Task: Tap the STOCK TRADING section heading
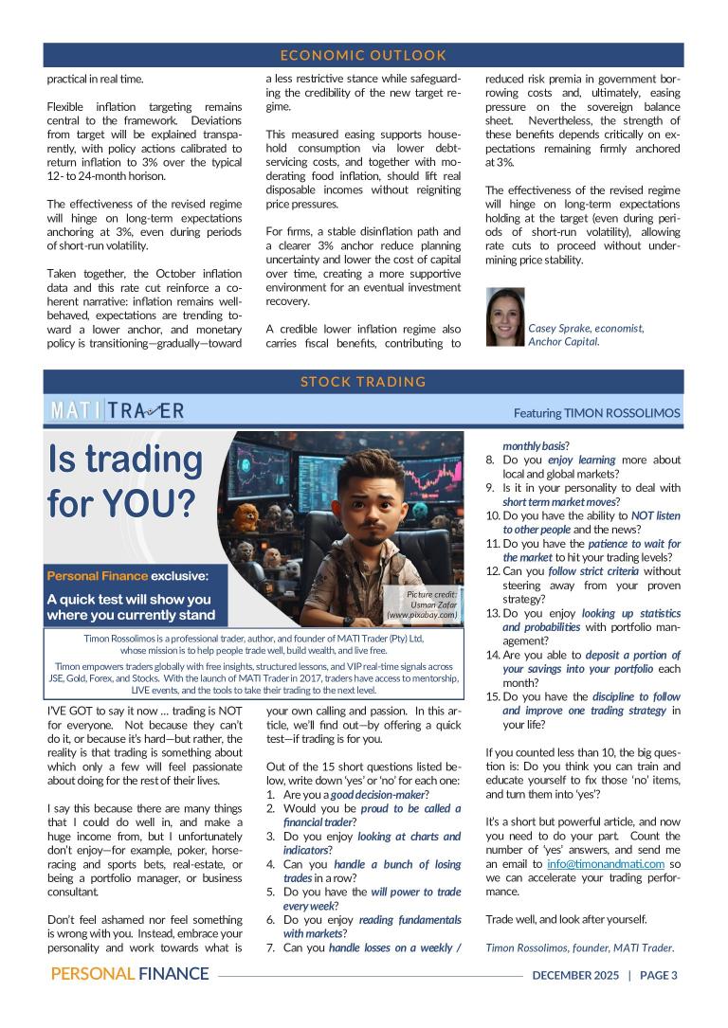[363, 382]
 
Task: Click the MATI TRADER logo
[118, 410]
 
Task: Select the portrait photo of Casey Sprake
[504, 316]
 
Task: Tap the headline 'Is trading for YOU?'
[125, 480]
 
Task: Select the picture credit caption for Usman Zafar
[431, 604]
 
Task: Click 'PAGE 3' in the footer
[658, 975]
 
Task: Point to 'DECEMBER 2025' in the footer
[575, 975]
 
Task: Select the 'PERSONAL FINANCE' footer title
[130, 974]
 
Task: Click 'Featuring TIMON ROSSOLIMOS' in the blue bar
[596, 413]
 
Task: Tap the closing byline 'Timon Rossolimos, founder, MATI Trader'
[579, 947]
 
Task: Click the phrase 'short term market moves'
[560, 501]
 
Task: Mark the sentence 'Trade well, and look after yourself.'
[567, 919]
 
